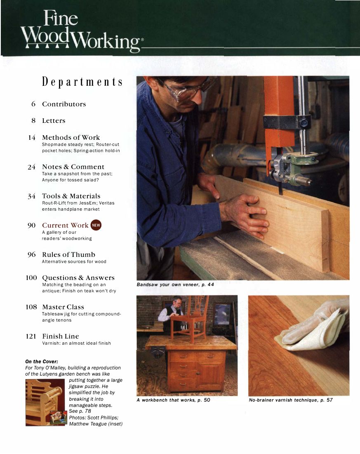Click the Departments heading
click(x=82, y=82)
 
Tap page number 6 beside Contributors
click(x=33, y=104)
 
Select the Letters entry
click(x=54, y=121)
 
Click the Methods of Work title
click(x=71, y=137)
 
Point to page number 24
click(x=31, y=167)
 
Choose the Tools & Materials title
click(x=71, y=196)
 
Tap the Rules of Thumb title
click(x=68, y=255)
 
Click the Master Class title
click(x=63, y=307)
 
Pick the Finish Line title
click(x=61, y=336)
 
